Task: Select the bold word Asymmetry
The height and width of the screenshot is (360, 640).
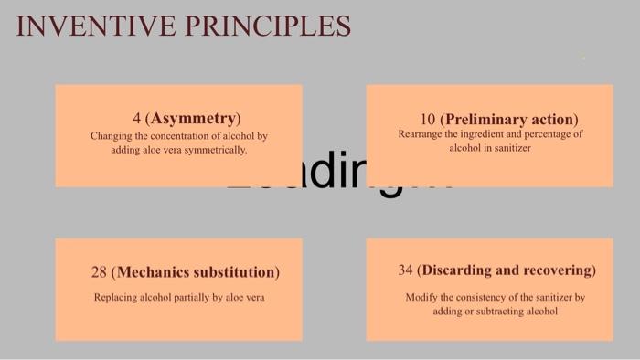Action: coord(196,119)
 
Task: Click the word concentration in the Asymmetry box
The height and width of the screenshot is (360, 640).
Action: coord(172,136)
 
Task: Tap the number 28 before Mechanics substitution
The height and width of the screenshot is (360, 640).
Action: coord(99,272)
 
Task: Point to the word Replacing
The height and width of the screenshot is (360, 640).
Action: coord(115,297)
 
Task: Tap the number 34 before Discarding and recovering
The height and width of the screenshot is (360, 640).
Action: coord(405,270)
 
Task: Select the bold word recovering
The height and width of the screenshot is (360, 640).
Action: coord(560,270)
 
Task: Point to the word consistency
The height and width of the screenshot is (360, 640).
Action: coord(486,297)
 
